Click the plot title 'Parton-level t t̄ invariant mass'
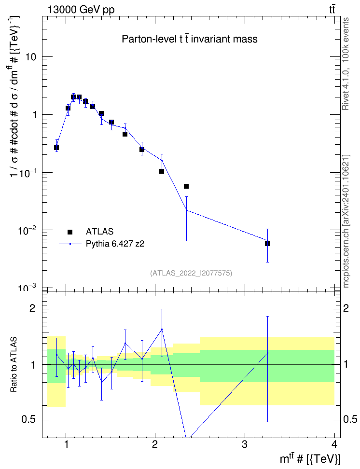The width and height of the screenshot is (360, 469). pos(190,39)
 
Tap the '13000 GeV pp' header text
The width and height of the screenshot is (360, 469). pos(81,10)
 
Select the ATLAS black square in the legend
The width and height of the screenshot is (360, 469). pos(70,232)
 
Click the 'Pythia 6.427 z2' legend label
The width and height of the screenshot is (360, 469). pos(115,244)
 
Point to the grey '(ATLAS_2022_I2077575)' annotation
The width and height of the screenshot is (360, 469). pos(191,273)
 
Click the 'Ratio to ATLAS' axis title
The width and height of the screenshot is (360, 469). pos(14,364)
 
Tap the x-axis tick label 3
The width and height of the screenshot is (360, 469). pos(245,444)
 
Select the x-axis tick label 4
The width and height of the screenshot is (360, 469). pos(334,444)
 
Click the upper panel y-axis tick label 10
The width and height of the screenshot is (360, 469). pos(30,57)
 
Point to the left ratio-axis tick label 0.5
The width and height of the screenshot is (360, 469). pos(29,420)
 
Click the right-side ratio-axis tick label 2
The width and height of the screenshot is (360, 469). pos(346,308)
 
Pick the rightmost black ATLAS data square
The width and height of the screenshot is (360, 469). pos(267,244)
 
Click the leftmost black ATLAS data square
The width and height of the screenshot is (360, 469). pos(56,148)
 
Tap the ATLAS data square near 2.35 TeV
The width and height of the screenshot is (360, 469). pos(186,186)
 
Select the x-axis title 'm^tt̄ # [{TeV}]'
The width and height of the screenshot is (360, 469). pos(310,459)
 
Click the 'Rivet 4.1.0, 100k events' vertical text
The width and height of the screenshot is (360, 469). pos(346,64)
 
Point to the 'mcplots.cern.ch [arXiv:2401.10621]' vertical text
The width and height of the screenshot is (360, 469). pos(346,221)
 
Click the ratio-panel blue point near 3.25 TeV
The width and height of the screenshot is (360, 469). pos(267,353)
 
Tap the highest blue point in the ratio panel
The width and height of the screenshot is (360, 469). pos(162,330)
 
